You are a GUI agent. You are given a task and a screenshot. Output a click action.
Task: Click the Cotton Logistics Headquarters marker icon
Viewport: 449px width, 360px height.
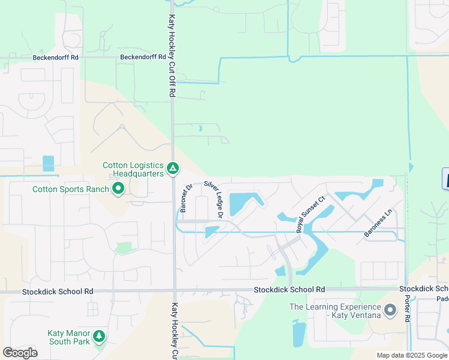click(x=172, y=168)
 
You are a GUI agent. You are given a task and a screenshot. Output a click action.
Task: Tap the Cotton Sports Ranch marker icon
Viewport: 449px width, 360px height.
click(x=118, y=189)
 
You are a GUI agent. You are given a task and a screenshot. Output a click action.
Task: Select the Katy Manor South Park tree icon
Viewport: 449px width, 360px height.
click(x=98, y=337)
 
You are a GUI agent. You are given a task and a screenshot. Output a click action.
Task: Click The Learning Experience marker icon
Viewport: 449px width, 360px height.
click(x=390, y=311)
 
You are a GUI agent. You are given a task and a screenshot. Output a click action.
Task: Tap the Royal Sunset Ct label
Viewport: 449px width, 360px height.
click(x=310, y=214)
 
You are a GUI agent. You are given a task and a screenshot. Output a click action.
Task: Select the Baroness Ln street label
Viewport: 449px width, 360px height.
click(x=378, y=223)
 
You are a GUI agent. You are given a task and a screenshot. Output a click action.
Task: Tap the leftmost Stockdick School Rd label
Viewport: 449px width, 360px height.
click(x=58, y=292)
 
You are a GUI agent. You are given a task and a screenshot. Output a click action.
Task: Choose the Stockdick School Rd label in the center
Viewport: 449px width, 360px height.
click(x=289, y=289)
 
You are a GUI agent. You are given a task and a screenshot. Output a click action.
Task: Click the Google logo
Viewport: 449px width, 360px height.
click(x=20, y=353)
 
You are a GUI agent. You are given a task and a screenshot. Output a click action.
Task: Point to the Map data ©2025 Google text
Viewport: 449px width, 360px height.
click(x=412, y=355)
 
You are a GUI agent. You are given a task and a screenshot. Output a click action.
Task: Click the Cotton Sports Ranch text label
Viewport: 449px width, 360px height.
click(x=71, y=190)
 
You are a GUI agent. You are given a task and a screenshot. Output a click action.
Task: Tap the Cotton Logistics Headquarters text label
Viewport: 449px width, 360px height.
click(x=133, y=169)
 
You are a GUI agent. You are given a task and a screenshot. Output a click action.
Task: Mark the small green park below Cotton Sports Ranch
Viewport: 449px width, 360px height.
click(x=123, y=248)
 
